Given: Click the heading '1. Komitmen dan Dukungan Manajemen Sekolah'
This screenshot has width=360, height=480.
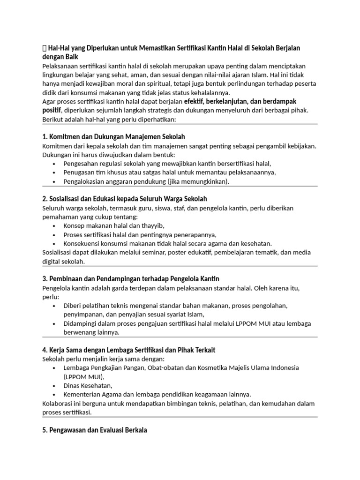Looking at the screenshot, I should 114,137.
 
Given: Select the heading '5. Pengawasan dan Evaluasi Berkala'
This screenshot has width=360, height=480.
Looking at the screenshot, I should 95,429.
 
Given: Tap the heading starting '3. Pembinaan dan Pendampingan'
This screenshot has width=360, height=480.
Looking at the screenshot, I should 131,278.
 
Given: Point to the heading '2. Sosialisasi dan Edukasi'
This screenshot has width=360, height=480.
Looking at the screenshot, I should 125,199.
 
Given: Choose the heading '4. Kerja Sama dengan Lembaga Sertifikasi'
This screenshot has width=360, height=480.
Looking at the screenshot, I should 129,350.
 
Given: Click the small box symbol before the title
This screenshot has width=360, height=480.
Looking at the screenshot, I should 45,48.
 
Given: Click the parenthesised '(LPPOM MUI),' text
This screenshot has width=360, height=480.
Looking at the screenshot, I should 85,376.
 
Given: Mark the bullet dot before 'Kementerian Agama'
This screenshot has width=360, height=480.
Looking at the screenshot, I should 55,395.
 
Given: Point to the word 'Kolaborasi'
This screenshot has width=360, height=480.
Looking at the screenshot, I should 59,403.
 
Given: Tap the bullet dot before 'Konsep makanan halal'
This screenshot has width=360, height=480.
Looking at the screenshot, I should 55,226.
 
